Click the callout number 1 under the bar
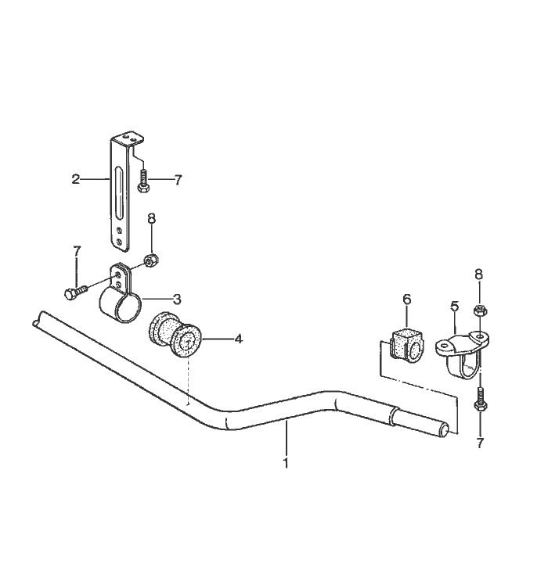click(x=286, y=463)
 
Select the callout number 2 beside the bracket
click(x=76, y=179)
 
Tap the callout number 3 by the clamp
click(x=177, y=299)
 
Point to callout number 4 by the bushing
click(x=238, y=339)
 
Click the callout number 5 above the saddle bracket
click(x=455, y=307)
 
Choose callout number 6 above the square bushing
click(x=407, y=299)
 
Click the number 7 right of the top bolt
click(x=178, y=180)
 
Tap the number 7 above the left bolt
click(x=77, y=251)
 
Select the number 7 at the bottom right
click(x=480, y=443)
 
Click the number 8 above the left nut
click(x=151, y=219)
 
